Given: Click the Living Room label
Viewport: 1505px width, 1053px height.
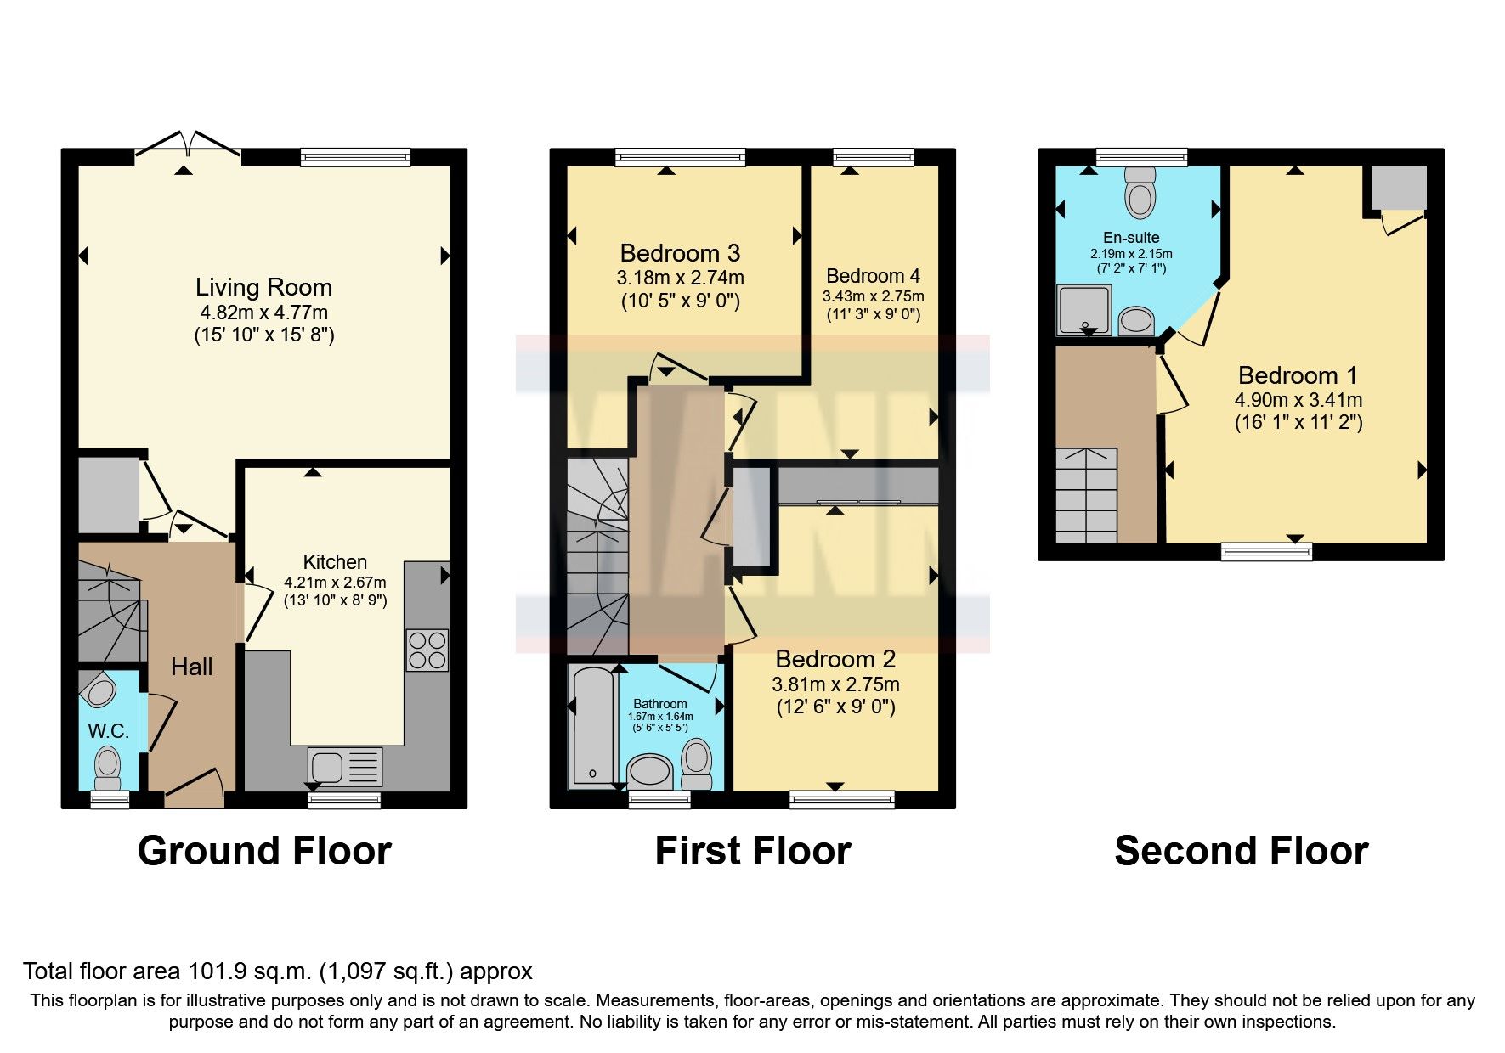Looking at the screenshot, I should pyautogui.click(x=263, y=287).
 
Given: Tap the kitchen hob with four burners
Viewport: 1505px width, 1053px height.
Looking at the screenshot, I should pyautogui.click(x=427, y=650).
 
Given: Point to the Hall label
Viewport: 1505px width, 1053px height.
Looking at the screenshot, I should pyautogui.click(x=191, y=667).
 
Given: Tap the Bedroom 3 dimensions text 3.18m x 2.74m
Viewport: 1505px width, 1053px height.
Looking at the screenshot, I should pyautogui.click(x=680, y=278).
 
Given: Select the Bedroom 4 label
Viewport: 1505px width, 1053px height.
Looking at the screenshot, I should pyautogui.click(x=873, y=276).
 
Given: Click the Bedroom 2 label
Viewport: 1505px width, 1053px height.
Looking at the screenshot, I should pyautogui.click(x=835, y=659).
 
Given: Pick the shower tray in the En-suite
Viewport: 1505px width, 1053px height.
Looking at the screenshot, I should pyautogui.click(x=1083, y=309).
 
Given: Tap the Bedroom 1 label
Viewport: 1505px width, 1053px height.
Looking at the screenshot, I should pyautogui.click(x=1297, y=375).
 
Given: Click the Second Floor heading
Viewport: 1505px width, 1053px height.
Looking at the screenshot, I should pyautogui.click(x=1241, y=851).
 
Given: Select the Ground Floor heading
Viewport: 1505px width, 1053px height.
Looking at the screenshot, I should pyautogui.click(x=264, y=851).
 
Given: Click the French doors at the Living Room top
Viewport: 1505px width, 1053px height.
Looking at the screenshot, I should pyautogui.click(x=188, y=144).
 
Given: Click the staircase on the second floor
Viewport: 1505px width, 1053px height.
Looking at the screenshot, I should pyautogui.click(x=1086, y=496).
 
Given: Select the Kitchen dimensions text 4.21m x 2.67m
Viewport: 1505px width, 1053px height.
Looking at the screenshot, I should pyautogui.click(x=335, y=583).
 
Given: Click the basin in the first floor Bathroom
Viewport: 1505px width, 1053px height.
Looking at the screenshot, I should pyautogui.click(x=649, y=771).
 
